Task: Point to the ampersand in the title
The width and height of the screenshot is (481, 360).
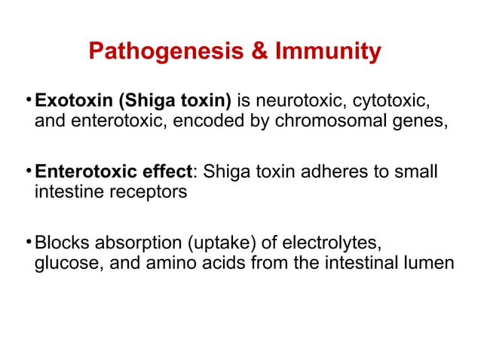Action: coord(255,51)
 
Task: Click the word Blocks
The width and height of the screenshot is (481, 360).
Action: coord(63,243)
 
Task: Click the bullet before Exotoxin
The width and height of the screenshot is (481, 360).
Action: coord(28,99)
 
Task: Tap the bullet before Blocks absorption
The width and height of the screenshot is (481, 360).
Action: coord(28,241)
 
